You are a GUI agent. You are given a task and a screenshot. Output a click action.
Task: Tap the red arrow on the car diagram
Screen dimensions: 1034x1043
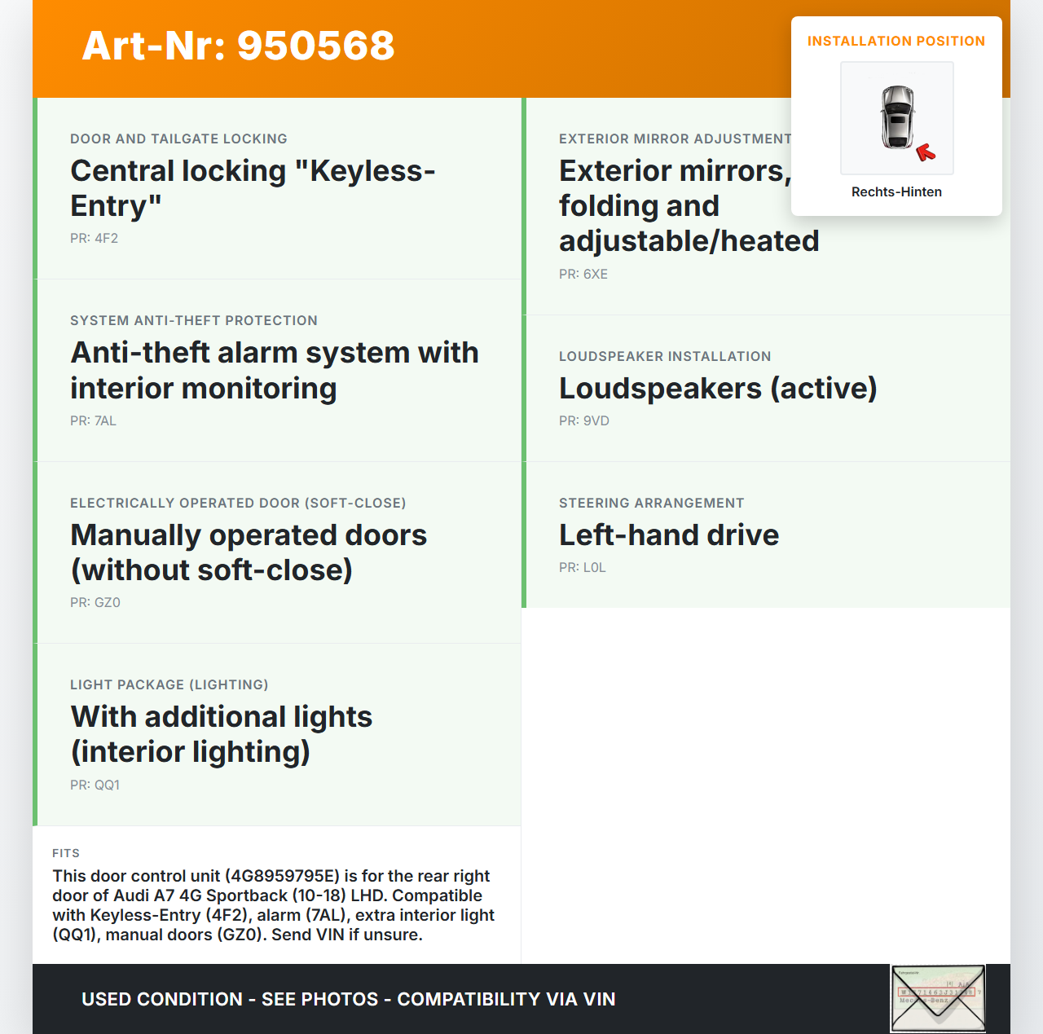[x=925, y=152]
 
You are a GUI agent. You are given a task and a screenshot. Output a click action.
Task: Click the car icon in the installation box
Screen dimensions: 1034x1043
[x=897, y=117]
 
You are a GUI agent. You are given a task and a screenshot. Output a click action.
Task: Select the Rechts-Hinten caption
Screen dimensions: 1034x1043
[x=896, y=192]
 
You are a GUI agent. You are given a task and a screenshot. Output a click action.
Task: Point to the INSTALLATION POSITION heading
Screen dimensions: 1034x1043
[x=896, y=42]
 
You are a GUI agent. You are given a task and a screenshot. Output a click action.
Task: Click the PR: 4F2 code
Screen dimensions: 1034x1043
[x=94, y=239]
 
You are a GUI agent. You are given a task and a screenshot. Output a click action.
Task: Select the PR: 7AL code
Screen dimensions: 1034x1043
[x=93, y=421]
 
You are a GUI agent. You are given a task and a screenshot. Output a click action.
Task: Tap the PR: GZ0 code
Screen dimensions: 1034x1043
[x=95, y=603]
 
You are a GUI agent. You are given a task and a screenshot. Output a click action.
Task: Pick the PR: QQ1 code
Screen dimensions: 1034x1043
[x=95, y=785]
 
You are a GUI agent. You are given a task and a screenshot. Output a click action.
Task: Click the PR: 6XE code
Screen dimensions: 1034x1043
[x=583, y=275]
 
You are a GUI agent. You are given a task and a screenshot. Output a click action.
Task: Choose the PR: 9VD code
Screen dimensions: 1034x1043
[x=583, y=421]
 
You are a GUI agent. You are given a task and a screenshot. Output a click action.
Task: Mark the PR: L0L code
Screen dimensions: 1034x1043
[x=582, y=568]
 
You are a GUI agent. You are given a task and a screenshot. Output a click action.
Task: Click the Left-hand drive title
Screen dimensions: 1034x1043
[x=668, y=535]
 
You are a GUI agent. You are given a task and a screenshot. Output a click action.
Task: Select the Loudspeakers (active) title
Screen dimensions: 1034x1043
[x=717, y=389]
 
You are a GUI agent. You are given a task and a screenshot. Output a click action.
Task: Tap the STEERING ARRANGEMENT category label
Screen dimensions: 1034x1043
[x=651, y=504]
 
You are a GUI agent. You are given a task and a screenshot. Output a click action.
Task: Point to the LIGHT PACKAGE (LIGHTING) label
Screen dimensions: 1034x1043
[x=169, y=685]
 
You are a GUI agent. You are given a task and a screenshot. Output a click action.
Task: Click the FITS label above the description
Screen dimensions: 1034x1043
[x=66, y=853]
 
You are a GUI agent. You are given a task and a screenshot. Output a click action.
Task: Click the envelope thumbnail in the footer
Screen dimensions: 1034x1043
[x=937, y=998]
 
